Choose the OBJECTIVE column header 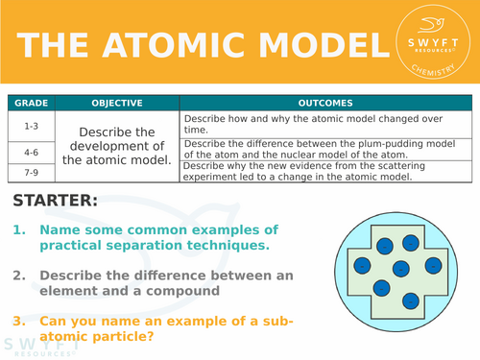point(116,103)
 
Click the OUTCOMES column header point(325,103)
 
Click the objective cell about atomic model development point(116,146)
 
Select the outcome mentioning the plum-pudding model point(325,148)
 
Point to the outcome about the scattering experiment point(325,171)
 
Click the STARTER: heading point(56,202)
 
